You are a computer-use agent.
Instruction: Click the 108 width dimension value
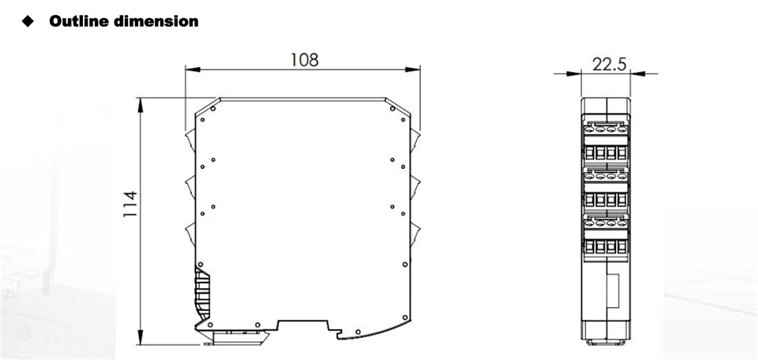click(305, 60)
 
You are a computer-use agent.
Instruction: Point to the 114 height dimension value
click(130, 204)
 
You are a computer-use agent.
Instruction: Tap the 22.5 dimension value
click(609, 63)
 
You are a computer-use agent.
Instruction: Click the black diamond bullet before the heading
click(28, 21)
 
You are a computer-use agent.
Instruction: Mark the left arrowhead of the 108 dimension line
click(193, 70)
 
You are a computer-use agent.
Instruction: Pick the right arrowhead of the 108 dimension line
click(412, 70)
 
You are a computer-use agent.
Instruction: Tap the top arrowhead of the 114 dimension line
click(141, 105)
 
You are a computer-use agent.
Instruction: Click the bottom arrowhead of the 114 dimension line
click(141, 337)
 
